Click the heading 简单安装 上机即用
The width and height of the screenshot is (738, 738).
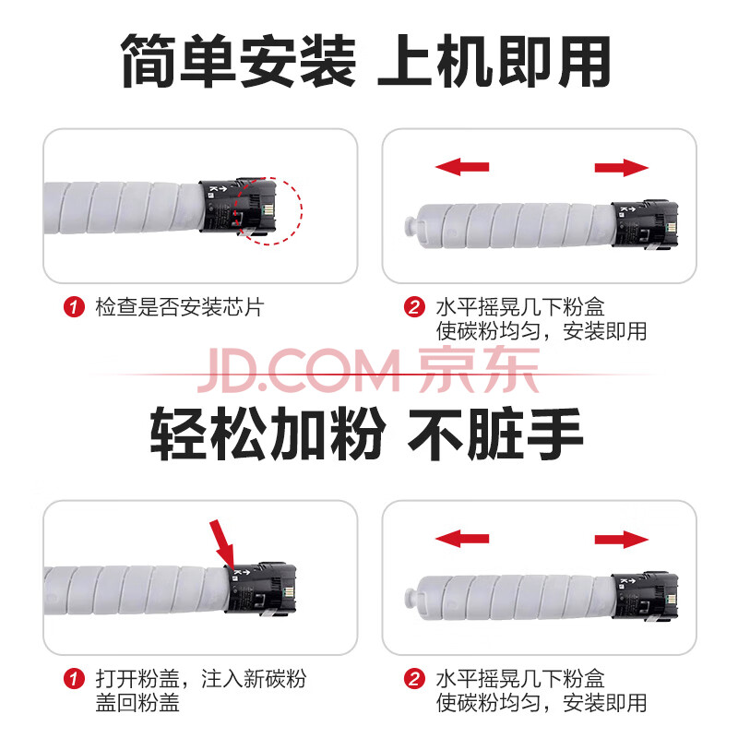pos(365,61)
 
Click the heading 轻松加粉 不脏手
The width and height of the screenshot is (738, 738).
pos(366,434)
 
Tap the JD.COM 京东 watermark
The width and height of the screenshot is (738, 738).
pos(368,370)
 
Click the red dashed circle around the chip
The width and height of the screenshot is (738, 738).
pos(302,210)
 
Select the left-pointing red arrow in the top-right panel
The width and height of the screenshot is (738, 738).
pos(462,167)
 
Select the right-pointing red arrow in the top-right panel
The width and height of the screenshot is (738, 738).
pos(622,167)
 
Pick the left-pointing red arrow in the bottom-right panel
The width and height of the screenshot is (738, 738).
pos(462,539)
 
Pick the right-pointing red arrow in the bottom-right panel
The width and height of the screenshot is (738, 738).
pos(622,539)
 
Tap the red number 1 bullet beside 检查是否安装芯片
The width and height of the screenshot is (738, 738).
pos(74,307)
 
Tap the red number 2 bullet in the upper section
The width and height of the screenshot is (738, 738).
pos(414,307)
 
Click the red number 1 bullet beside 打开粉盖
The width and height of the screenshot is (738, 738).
pos(74,679)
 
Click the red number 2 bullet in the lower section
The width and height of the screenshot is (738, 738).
pos(414,679)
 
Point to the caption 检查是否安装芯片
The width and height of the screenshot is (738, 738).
pos(180,307)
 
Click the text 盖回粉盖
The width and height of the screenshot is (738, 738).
pos(137,703)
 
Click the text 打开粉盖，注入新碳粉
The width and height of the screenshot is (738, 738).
pos(201,679)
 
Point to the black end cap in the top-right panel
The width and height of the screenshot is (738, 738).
pos(645,224)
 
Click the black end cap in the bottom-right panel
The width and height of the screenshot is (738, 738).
pos(645,596)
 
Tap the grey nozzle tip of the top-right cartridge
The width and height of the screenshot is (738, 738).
pos(411,225)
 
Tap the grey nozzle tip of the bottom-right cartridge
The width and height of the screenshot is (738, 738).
pos(411,598)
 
